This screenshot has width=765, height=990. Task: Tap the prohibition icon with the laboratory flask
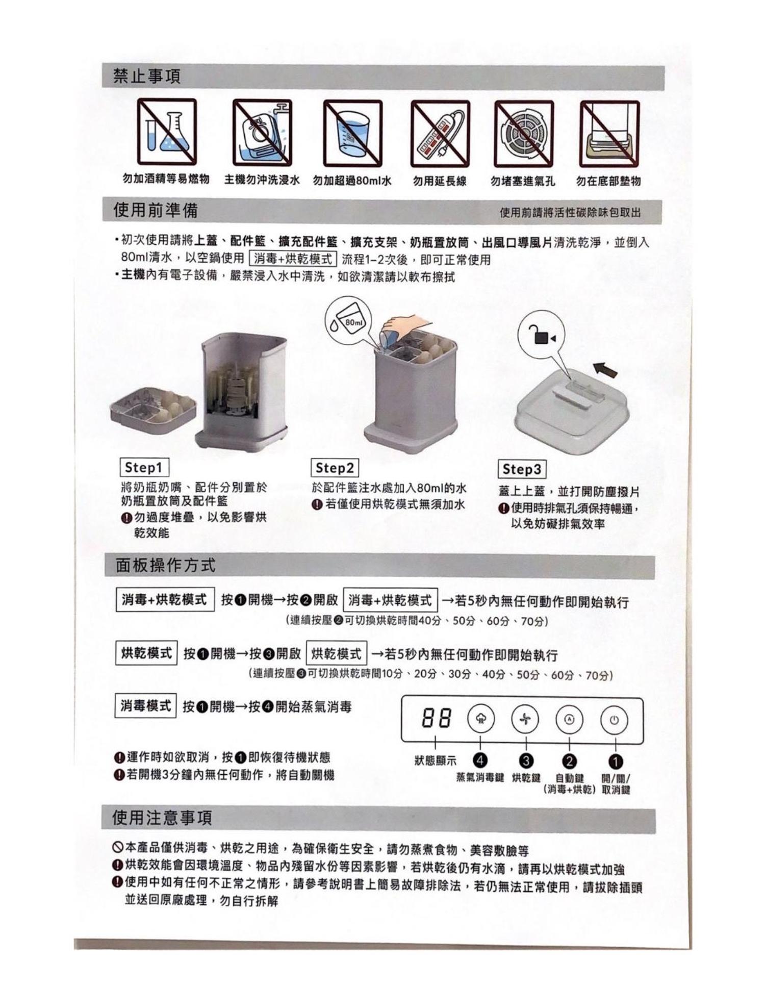166,132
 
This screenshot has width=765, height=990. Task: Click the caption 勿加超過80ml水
352,181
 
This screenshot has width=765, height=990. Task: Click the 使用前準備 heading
156,210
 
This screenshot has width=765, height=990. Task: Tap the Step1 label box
144,467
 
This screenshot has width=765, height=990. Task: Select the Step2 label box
335,468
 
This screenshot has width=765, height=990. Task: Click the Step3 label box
522,469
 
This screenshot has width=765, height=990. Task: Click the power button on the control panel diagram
615,720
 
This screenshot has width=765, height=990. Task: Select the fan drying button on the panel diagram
526,719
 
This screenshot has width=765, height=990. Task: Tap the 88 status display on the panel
437,719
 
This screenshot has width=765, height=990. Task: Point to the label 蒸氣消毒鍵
480,778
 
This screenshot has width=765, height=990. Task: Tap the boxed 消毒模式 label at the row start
145,706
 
